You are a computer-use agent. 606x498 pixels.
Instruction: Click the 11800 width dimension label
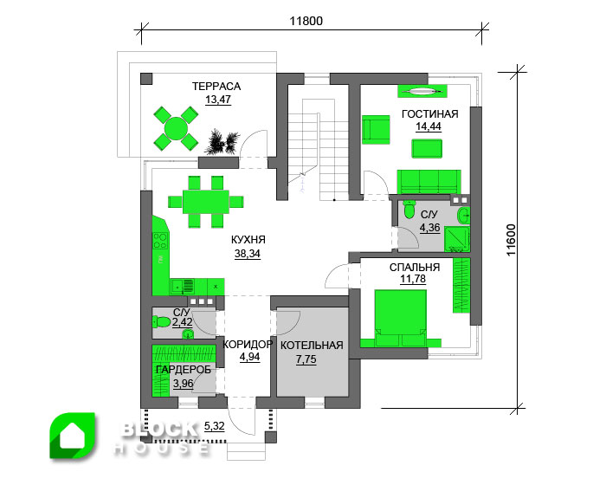click(306, 21)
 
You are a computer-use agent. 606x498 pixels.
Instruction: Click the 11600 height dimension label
click(512, 240)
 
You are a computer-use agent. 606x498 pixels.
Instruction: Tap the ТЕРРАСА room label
click(216, 87)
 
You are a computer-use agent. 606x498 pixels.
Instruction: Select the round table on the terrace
click(176, 128)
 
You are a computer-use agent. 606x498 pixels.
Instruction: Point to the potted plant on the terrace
click(222, 141)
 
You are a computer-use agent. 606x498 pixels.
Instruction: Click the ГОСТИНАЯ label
click(429, 114)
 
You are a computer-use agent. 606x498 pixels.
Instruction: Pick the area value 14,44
click(429, 126)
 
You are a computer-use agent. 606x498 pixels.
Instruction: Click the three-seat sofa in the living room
click(429, 181)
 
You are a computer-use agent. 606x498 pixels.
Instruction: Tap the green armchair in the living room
click(376, 130)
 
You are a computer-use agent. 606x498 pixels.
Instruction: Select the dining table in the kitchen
click(206, 202)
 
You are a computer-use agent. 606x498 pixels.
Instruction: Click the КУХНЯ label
click(248, 240)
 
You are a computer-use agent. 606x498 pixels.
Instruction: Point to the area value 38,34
click(248, 254)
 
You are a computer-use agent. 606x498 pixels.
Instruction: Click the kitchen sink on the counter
click(183, 287)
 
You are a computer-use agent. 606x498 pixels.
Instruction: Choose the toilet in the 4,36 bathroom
click(409, 210)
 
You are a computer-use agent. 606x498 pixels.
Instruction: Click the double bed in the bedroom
click(401, 318)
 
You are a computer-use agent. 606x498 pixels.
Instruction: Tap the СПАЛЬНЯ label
click(415, 267)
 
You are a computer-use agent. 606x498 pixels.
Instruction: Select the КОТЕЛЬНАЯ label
click(312, 346)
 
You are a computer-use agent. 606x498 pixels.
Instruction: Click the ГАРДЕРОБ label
click(184, 370)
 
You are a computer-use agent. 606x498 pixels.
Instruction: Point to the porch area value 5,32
click(214, 426)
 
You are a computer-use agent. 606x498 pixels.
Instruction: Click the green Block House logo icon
click(72, 436)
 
